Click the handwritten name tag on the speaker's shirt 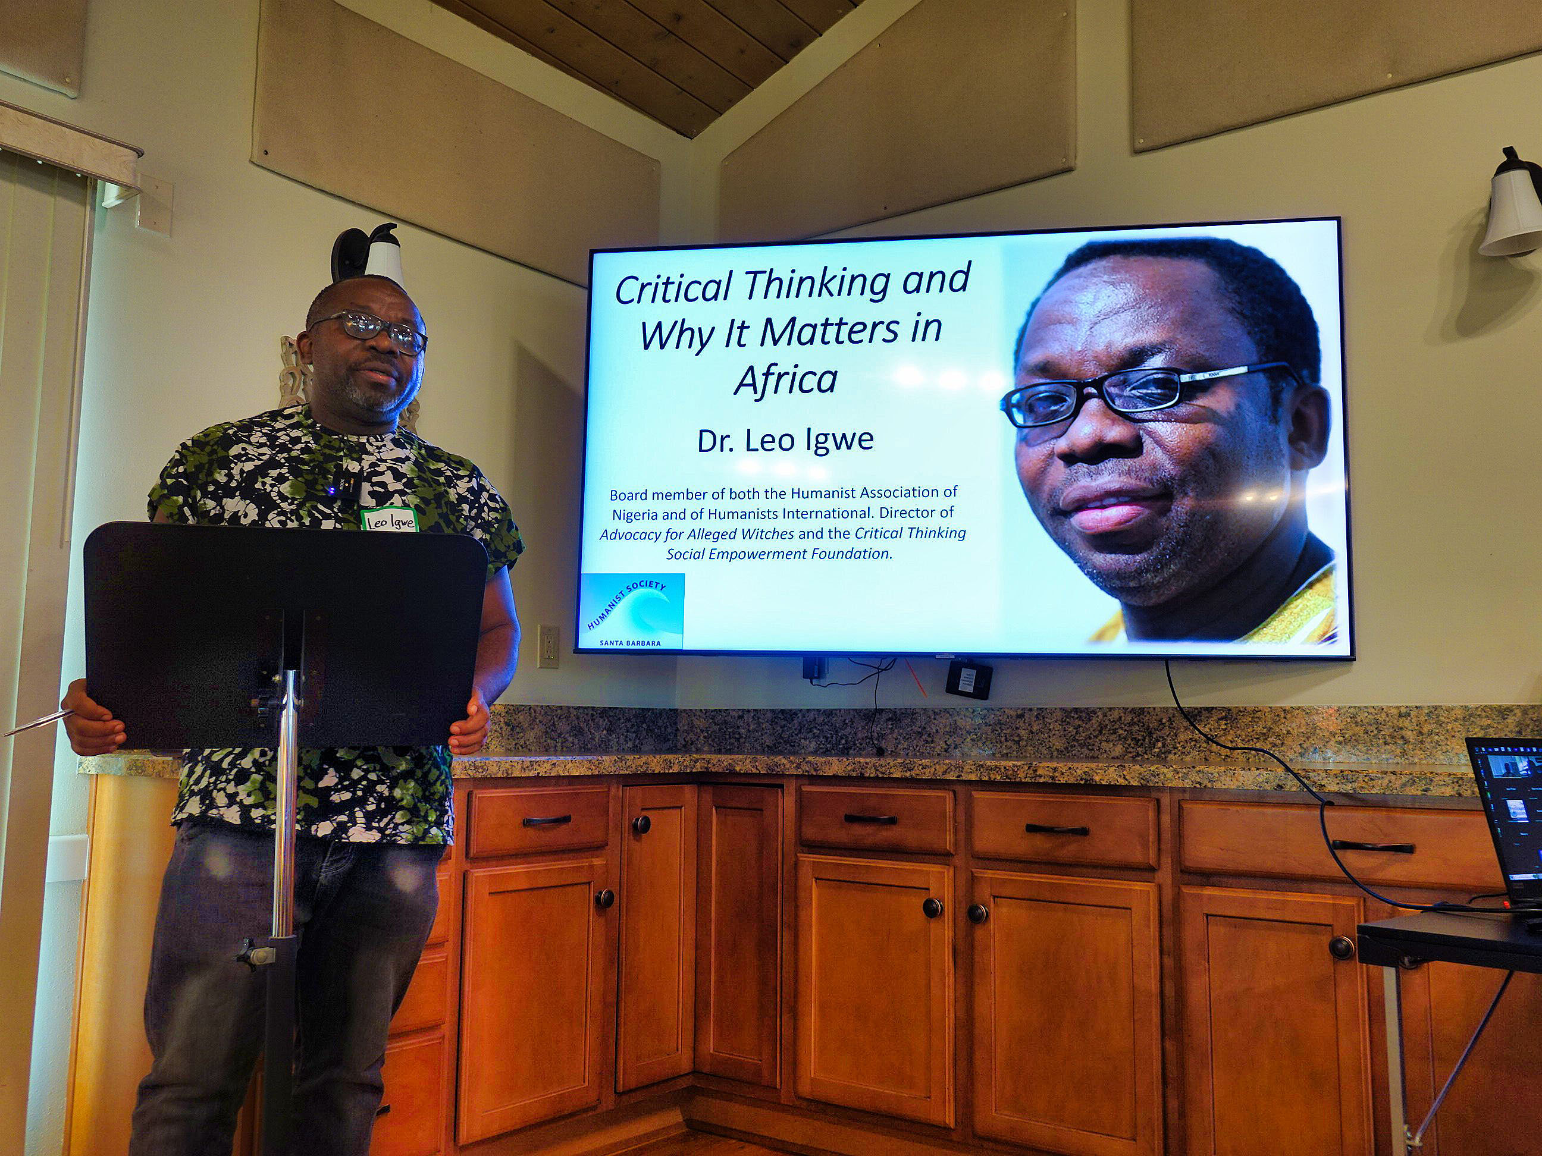(388, 520)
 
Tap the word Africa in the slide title (786, 380)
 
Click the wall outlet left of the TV (548, 646)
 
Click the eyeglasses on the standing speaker (369, 330)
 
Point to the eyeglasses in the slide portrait (1143, 393)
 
